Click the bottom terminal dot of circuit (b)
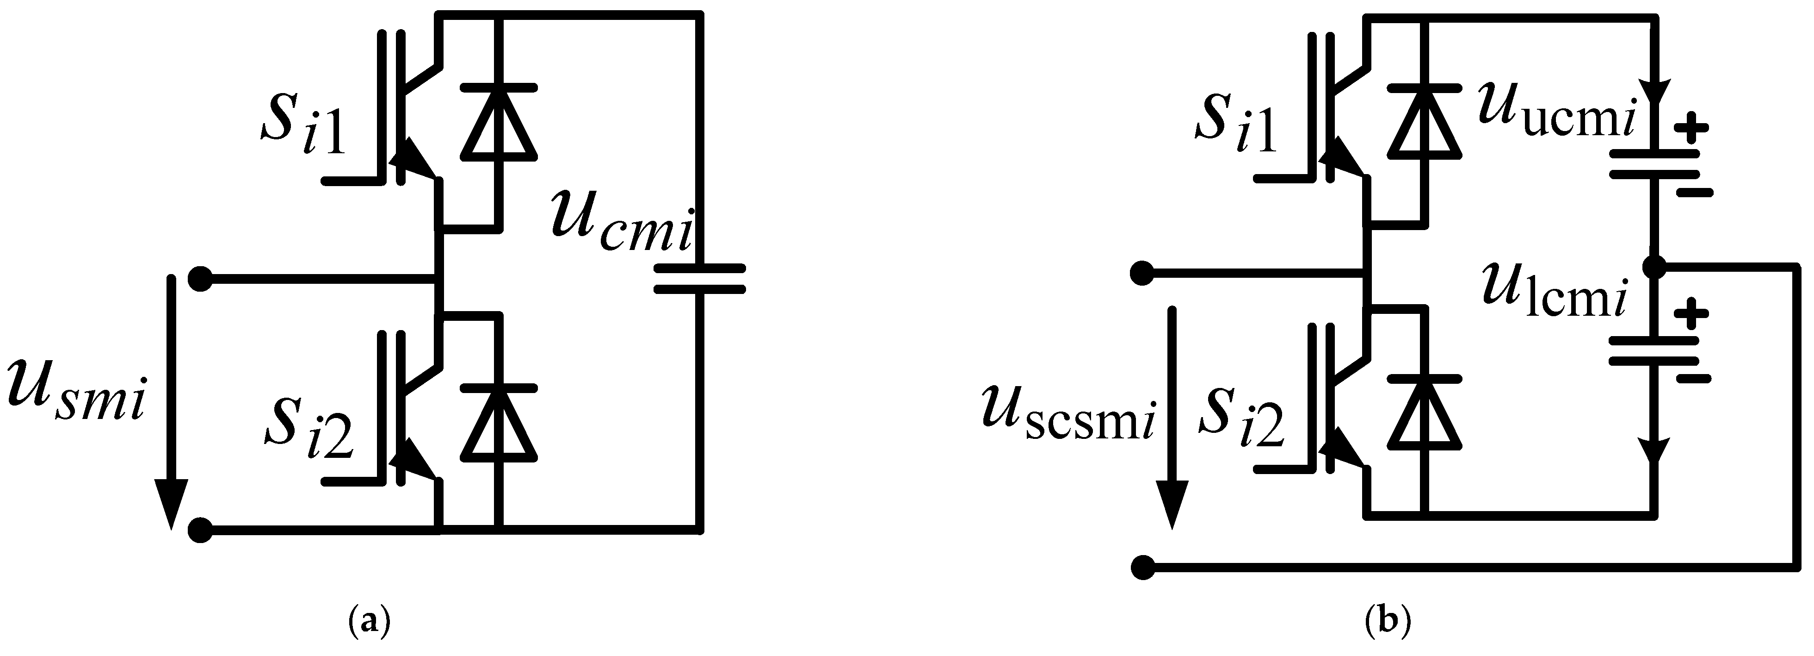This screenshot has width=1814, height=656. coord(1142,567)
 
